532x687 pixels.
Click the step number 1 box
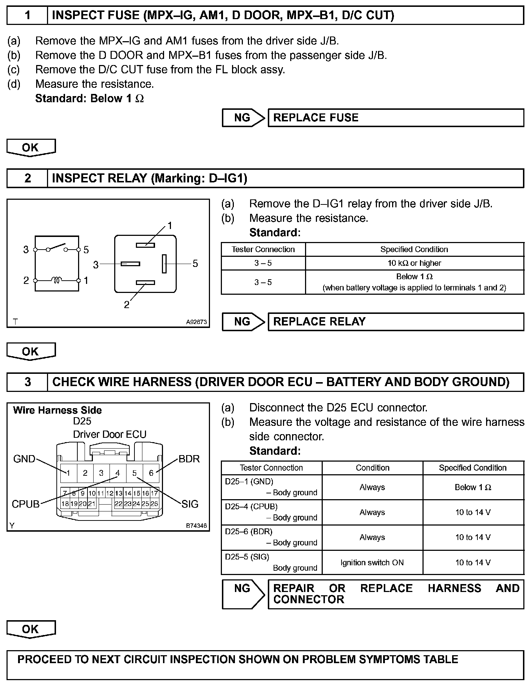click(x=27, y=16)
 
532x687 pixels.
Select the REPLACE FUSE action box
click(x=395, y=118)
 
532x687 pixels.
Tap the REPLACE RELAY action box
click(x=395, y=322)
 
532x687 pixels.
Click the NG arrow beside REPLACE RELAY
click(x=243, y=322)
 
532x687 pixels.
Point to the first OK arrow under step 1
click(x=31, y=147)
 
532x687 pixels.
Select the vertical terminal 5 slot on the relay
click(x=164, y=264)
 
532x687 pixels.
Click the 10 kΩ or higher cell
click(x=414, y=263)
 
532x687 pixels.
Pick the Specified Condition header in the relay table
click(x=414, y=249)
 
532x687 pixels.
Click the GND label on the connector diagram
click(x=24, y=459)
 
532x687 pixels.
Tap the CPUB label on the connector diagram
click(x=25, y=504)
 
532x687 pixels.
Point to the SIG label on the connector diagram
click(x=190, y=504)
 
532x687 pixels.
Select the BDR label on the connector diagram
click(x=189, y=459)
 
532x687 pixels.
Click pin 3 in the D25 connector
click(x=101, y=473)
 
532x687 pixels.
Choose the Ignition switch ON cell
click(x=372, y=562)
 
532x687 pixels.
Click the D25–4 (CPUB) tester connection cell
click(x=271, y=512)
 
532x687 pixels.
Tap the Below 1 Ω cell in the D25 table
click(x=473, y=487)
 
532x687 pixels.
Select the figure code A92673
click(x=197, y=322)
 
